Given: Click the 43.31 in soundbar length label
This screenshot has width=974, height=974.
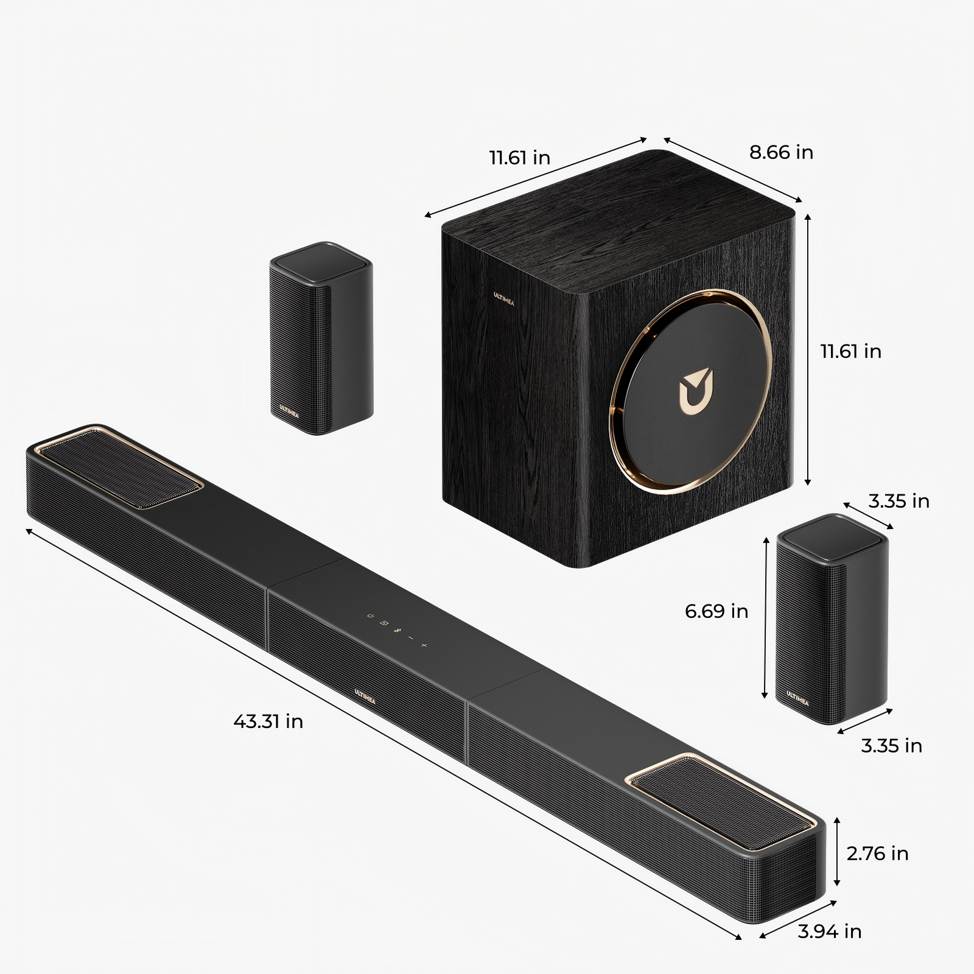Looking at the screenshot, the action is (x=268, y=721).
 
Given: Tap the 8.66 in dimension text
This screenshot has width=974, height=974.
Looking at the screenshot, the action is (x=781, y=152).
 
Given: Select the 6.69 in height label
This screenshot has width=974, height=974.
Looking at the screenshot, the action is (x=716, y=611).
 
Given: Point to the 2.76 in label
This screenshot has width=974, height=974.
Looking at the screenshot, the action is (x=877, y=853).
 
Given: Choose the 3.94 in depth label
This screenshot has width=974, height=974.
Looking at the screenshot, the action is (x=830, y=931).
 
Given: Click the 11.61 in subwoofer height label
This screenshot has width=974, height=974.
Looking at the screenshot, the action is (x=850, y=351).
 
